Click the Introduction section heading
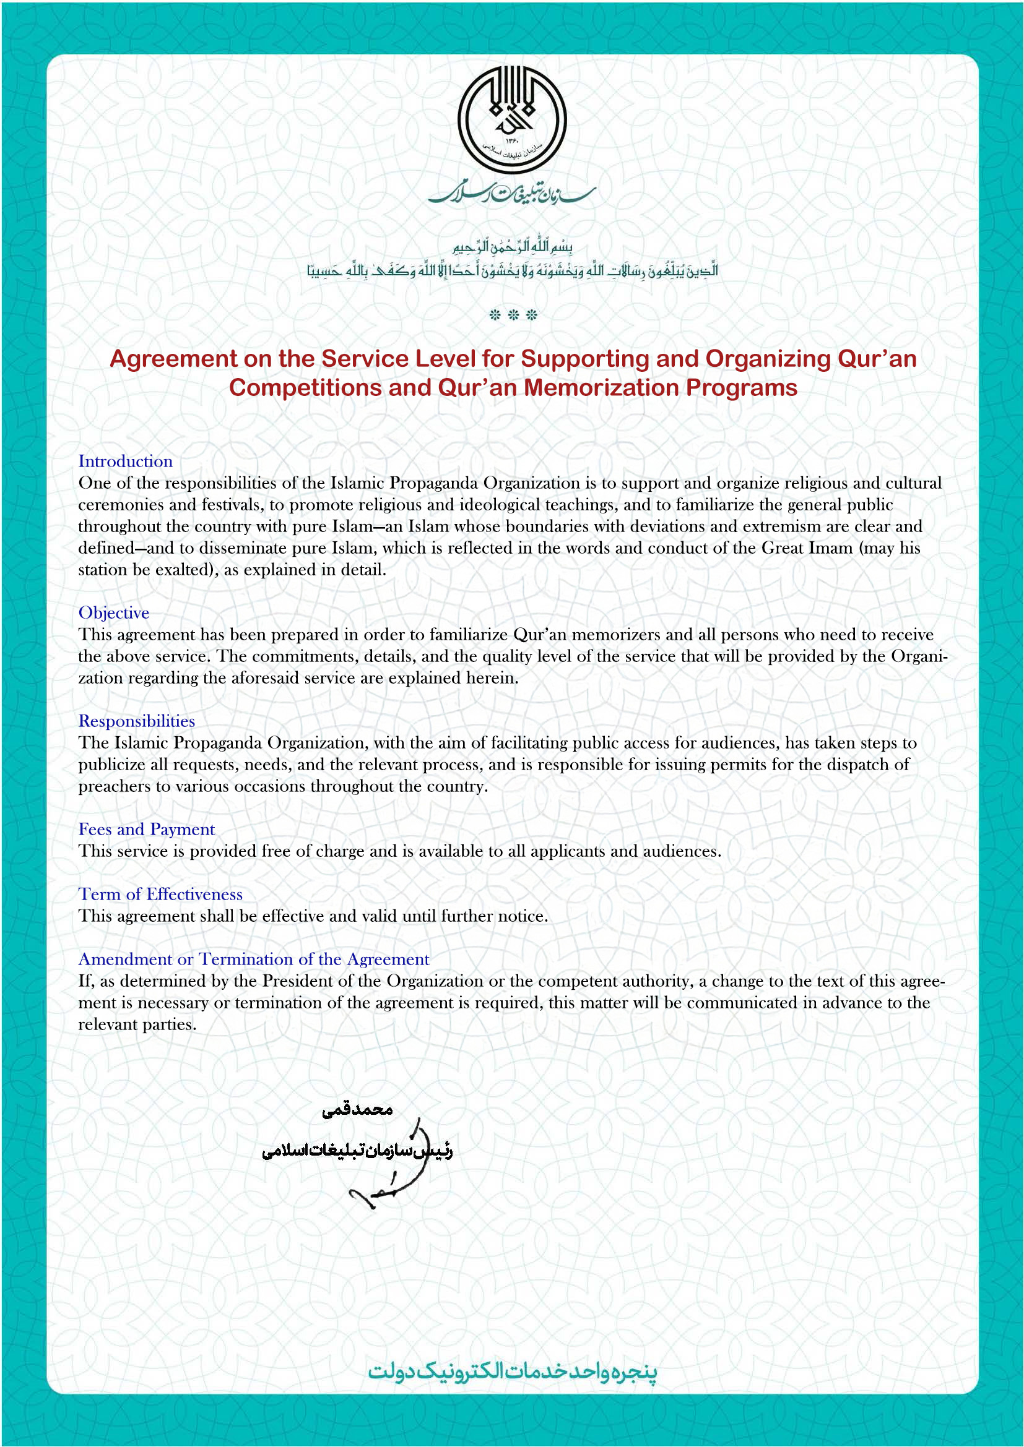point(126,462)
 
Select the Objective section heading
point(113,612)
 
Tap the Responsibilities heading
point(136,721)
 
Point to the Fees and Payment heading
point(146,830)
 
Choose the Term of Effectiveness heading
point(160,895)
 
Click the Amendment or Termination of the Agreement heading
point(253,960)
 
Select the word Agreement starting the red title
point(172,359)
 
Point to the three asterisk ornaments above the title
point(513,315)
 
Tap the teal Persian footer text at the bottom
point(512,1372)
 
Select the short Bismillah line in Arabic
point(512,245)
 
